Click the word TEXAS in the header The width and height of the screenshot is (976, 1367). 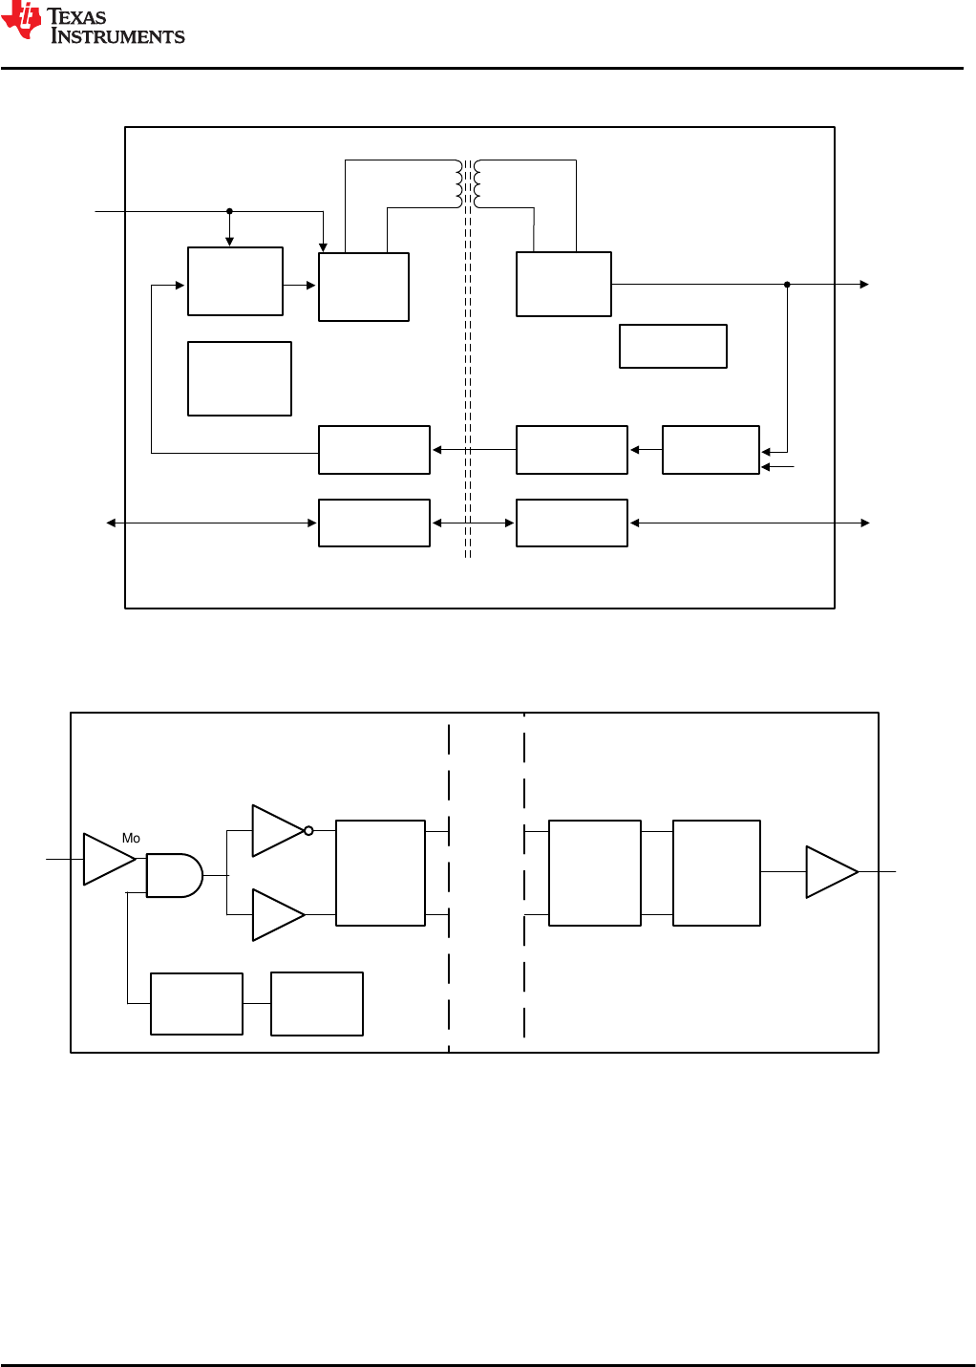(x=77, y=16)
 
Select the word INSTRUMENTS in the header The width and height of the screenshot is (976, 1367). (x=117, y=36)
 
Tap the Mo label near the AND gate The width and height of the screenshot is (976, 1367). (x=131, y=838)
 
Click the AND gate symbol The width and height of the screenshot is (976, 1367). (x=174, y=875)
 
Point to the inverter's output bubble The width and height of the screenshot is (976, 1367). (x=308, y=831)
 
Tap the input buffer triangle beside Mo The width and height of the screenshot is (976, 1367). (x=109, y=859)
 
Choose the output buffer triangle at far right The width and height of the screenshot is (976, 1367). (x=831, y=871)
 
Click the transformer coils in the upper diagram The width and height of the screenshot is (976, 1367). (x=468, y=184)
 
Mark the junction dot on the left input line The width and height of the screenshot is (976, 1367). (x=229, y=211)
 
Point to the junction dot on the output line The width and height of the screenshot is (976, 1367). (x=787, y=284)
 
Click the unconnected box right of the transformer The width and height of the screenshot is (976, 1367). (x=673, y=346)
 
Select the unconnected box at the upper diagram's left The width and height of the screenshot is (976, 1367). (x=240, y=378)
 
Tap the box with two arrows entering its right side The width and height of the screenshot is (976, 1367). (x=711, y=450)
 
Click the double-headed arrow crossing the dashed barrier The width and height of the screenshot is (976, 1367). (x=473, y=523)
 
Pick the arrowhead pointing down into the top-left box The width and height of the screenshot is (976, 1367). (x=229, y=242)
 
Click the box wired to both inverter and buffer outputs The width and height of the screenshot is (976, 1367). (x=380, y=873)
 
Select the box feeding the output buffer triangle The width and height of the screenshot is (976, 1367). (x=716, y=873)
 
